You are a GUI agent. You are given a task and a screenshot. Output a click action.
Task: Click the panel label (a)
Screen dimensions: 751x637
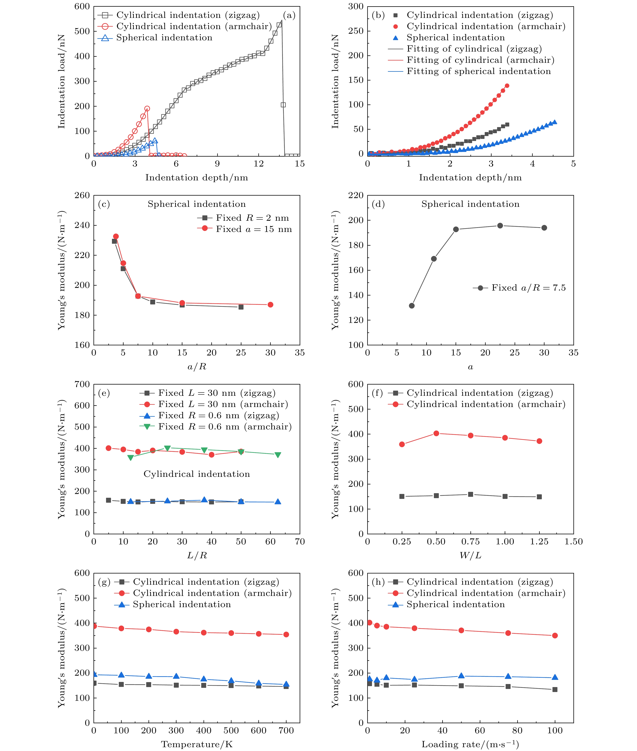[289, 15]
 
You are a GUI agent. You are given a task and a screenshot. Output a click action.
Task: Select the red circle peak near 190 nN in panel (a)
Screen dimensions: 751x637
[147, 109]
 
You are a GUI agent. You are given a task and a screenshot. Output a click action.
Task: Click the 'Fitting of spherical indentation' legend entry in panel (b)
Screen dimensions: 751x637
[478, 72]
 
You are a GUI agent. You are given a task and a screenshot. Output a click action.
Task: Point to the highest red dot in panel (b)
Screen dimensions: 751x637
[507, 86]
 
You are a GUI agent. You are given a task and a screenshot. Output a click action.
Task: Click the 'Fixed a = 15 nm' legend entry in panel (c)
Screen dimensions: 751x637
[254, 229]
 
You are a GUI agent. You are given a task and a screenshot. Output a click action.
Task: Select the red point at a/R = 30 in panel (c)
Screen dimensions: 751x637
[271, 305]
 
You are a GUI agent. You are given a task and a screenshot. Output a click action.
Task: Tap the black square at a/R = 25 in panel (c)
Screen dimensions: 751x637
[241, 307]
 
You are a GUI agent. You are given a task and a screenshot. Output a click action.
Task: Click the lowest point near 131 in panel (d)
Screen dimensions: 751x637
[412, 306]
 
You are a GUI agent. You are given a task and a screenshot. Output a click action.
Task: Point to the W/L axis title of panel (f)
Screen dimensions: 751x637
[470, 555]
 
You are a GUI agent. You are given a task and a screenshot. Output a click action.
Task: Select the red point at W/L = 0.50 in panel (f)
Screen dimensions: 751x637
[436, 433]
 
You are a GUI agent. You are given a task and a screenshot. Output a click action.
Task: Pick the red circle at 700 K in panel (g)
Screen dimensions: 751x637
[286, 634]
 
